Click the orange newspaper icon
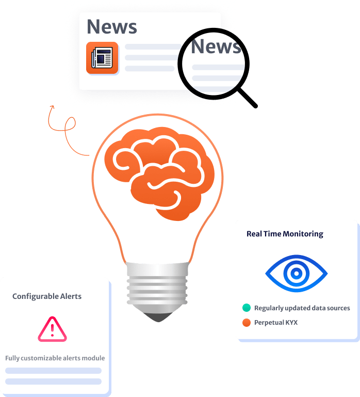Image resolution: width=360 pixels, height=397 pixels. pyautogui.click(x=102, y=58)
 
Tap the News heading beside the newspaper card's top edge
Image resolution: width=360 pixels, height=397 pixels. pyautogui.click(x=112, y=27)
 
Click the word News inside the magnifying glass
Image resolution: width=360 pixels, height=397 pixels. pyautogui.click(x=216, y=46)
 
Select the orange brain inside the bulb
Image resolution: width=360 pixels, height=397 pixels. pyautogui.click(x=159, y=173)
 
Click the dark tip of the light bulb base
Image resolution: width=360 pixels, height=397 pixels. pyautogui.click(x=158, y=317)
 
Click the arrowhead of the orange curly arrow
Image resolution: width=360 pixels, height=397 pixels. pyautogui.click(x=52, y=107)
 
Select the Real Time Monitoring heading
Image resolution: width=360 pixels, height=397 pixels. pyautogui.click(x=285, y=234)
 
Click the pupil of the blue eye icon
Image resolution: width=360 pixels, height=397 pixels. pyautogui.click(x=297, y=274)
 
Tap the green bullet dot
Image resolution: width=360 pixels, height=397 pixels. pyautogui.click(x=247, y=308)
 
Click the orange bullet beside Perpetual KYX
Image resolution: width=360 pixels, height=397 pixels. pyautogui.click(x=247, y=322)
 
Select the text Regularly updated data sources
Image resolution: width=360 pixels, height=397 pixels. pyautogui.click(x=302, y=308)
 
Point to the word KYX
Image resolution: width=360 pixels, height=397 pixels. pyautogui.click(x=291, y=322)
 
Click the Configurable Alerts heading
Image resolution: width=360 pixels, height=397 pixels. pyautogui.click(x=47, y=296)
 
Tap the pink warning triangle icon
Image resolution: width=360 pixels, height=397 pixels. pyautogui.click(x=53, y=329)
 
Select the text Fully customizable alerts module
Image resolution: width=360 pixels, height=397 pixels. pyautogui.click(x=55, y=358)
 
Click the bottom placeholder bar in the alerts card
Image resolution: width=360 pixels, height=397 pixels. pyautogui.click(x=53, y=382)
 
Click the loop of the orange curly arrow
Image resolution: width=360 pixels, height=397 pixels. pyautogui.click(x=70, y=124)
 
